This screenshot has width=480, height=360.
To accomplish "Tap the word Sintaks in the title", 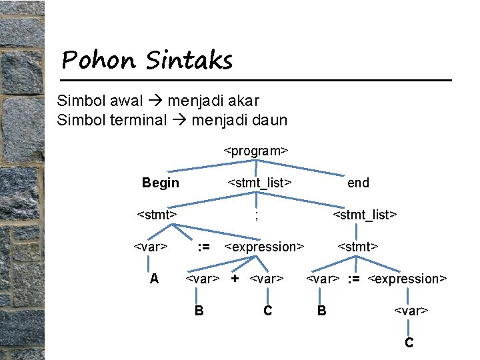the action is click(x=189, y=60).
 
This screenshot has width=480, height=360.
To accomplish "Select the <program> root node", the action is click(x=256, y=151).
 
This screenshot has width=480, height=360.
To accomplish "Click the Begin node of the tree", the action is click(x=161, y=183).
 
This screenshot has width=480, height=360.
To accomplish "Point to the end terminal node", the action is click(x=358, y=183).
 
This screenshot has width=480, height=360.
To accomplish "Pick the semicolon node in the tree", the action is click(x=257, y=215).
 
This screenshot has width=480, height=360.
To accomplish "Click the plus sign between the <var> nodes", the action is click(x=235, y=278).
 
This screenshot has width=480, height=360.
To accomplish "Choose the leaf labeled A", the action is click(x=154, y=279).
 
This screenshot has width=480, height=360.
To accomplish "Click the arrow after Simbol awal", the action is click(x=156, y=101).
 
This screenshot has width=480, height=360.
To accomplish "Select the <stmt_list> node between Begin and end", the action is click(x=260, y=183).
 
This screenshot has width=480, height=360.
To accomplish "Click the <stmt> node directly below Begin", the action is click(x=157, y=215).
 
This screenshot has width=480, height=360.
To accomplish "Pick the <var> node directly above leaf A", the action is click(x=151, y=247).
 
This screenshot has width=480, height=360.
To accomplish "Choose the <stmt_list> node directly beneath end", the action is click(x=365, y=215).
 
